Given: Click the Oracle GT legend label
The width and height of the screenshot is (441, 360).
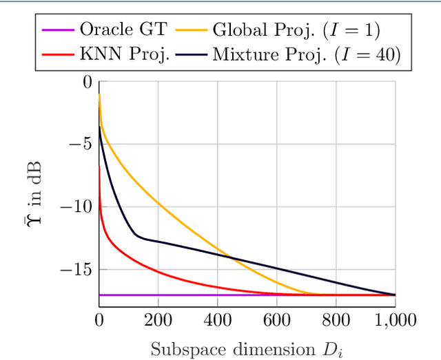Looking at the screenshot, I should [x=122, y=30].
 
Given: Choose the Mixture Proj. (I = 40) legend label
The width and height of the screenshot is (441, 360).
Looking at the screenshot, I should [x=306, y=55].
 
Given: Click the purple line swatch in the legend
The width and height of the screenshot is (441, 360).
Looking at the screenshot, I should [x=58, y=30].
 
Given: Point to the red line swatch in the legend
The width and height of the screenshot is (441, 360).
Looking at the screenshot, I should [x=58, y=55].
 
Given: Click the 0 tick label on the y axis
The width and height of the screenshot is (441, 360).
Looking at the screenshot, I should [x=88, y=82].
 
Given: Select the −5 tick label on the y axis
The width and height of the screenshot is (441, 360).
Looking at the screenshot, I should [x=81, y=145].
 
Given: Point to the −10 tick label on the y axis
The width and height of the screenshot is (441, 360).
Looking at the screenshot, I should [x=77, y=207].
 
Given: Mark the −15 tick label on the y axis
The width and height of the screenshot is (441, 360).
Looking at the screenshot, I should [x=77, y=270].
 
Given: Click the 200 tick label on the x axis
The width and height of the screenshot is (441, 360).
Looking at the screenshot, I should [x=158, y=320].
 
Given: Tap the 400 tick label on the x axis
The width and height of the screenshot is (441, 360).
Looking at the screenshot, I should [x=217, y=320].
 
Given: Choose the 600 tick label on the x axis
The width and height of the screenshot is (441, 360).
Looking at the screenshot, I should [x=276, y=320].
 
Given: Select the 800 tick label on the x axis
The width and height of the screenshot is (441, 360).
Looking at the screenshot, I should [x=336, y=320].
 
